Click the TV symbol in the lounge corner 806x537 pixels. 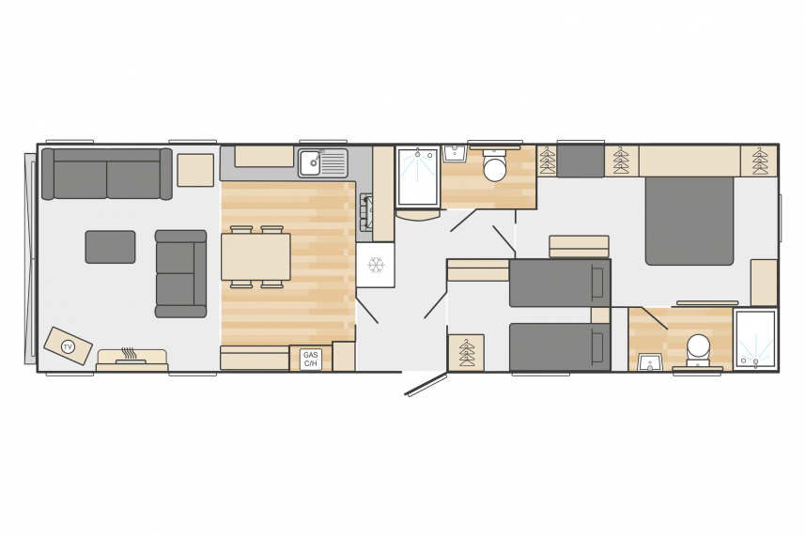tap(68, 346)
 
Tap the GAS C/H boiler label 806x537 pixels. tap(311, 360)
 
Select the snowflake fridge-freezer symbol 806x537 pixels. tap(376, 265)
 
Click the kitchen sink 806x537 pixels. tap(323, 162)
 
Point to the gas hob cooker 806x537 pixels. tap(365, 212)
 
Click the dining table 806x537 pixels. tap(256, 256)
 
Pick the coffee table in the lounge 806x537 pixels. tap(111, 247)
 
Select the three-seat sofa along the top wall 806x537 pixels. tap(107, 174)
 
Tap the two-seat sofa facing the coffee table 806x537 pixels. tap(181, 273)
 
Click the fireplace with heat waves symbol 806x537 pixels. tap(132, 360)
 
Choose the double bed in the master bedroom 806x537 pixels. tap(690, 221)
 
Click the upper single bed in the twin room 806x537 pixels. tap(560, 284)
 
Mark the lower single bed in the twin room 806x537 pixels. tap(560, 346)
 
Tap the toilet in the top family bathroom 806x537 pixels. tap(494, 165)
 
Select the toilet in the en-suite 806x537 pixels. tap(699, 350)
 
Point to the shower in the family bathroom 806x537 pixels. tap(418, 176)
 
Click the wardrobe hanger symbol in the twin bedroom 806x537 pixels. tap(466, 352)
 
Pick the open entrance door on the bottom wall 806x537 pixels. tap(426, 384)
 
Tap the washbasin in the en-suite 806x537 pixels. tap(650, 361)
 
